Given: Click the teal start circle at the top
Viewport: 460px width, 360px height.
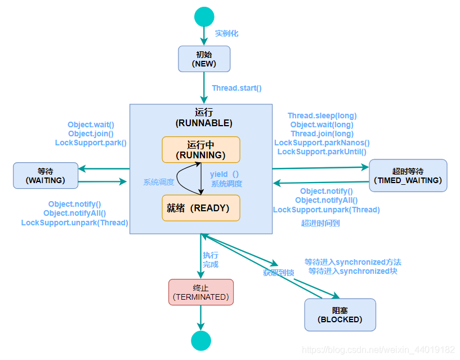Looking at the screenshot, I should (x=204, y=17).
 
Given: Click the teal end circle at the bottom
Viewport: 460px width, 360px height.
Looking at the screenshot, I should (x=201, y=341).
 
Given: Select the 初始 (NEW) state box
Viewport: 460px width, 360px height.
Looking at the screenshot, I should (x=204, y=59).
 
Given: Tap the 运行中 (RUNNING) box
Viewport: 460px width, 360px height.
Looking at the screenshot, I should (x=201, y=149).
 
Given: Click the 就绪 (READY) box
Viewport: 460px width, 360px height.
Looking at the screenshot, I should (x=201, y=208).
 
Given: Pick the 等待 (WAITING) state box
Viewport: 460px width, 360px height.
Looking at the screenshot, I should (x=46, y=175).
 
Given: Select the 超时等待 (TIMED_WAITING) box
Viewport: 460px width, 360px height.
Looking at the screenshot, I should (x=408, y=176).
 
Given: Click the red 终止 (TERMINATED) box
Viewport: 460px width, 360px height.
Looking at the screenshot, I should (x=201, y=292).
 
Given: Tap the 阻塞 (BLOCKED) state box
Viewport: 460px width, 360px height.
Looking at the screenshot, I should (x=340, y=314).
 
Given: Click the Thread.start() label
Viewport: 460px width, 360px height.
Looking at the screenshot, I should (x=236, y=88).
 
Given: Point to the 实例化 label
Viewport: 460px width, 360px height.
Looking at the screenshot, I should (x=226, y=33).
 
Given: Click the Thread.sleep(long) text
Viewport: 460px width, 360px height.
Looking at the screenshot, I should (x=322, y=115).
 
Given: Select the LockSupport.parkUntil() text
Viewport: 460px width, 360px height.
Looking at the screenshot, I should (x=321, y=152).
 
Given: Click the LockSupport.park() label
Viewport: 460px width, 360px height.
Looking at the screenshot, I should (x=91, y=143).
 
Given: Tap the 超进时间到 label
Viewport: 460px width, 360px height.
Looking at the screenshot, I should (x=320, y=223).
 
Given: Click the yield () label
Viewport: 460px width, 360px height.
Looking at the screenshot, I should (x=224, y=174).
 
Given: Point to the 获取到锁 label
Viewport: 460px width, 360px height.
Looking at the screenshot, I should (x=279, y=273).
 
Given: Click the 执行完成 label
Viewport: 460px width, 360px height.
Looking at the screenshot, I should (x=211, y=260).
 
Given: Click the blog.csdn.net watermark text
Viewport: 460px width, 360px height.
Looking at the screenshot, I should (x=378, y=350).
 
